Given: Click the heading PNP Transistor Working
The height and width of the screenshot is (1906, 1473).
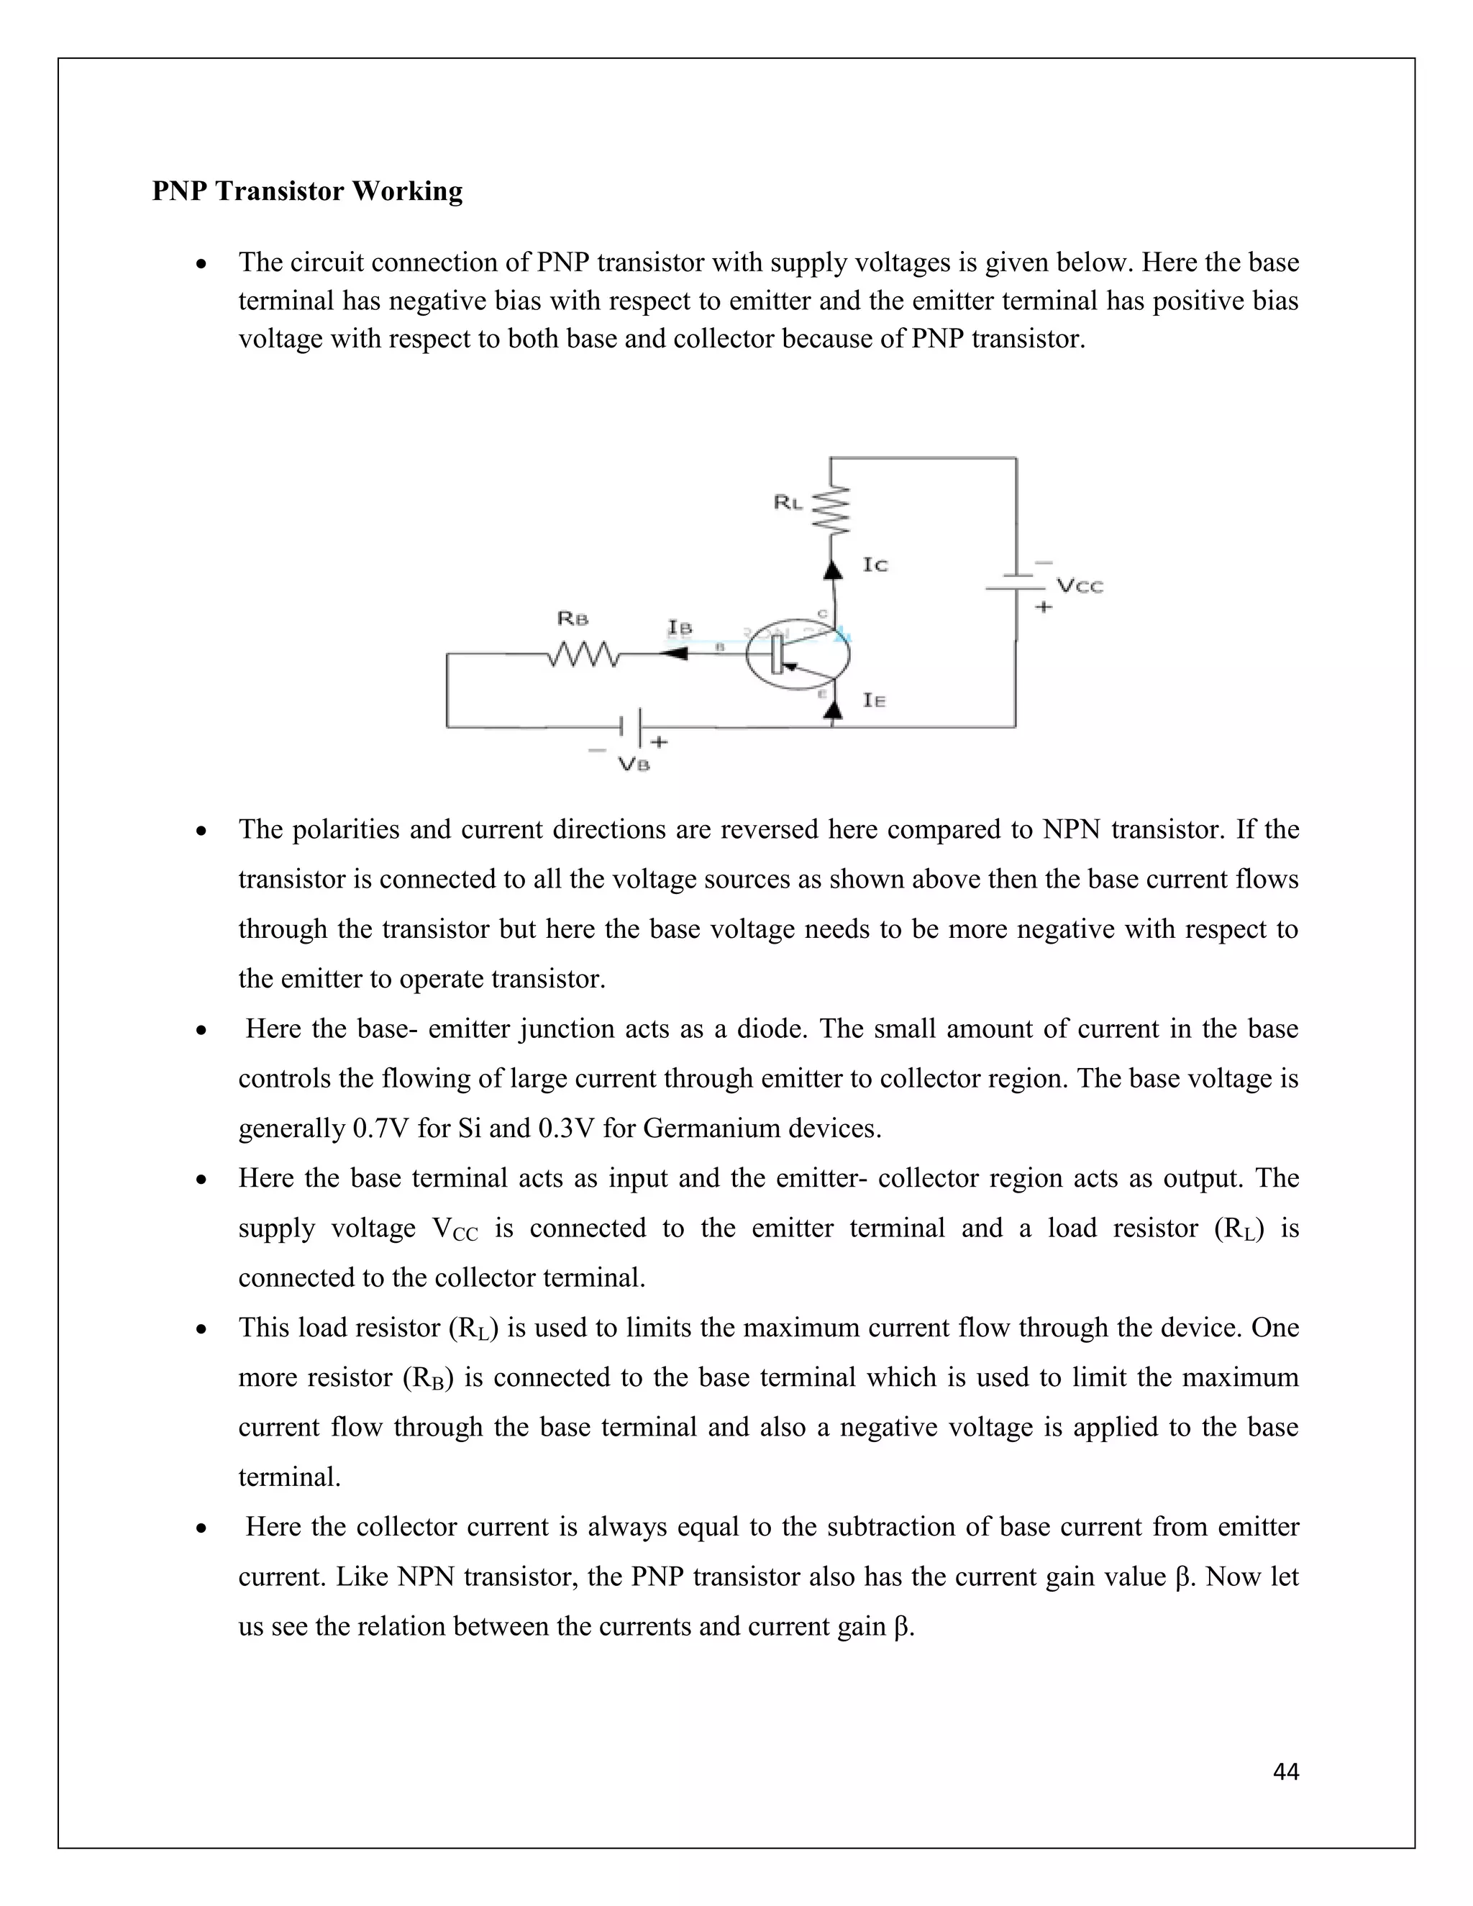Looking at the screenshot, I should tap(307, 191).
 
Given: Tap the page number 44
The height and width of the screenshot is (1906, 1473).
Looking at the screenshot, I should tap(1285, 1771).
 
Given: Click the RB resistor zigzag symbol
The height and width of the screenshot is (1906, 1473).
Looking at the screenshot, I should tap(584, 655).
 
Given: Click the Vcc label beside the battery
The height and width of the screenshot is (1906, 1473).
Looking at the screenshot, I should tap(1080, 585).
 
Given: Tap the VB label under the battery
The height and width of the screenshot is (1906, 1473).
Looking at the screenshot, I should tap(634, 765).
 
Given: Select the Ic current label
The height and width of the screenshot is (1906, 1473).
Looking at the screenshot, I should tap(875, 565).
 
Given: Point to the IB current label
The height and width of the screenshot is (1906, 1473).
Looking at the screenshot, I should tap(680, 627).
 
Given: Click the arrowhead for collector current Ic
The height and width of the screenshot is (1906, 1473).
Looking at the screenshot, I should tap(834, 569).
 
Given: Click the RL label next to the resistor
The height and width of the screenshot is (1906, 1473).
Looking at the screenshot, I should tap(787, 503).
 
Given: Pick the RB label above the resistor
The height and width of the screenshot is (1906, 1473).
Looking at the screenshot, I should tap(573, 619).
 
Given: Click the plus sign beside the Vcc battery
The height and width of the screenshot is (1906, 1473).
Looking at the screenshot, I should tap(1043, 606).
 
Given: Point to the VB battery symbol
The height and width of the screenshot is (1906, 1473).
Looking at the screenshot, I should tap(631, 725).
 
